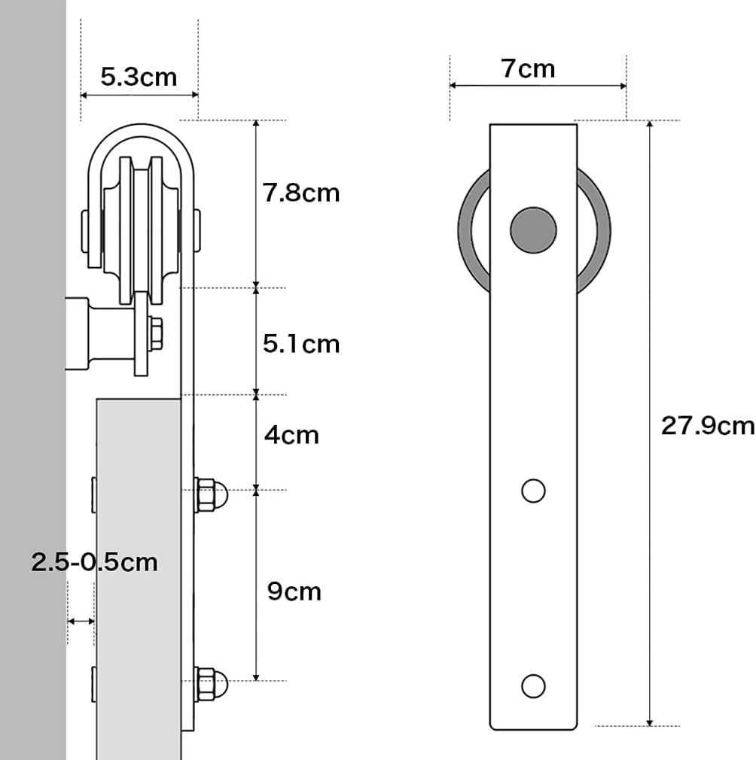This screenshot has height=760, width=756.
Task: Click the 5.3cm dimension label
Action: click(139, 76)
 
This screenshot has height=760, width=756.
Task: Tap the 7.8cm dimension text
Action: click(301, 193)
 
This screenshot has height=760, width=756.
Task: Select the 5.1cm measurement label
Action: click(301, 344)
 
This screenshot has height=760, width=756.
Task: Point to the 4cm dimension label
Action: click(291, 435)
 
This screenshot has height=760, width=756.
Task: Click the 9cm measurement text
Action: click(294, 591)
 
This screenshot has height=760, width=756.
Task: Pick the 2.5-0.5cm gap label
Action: click(95, 562)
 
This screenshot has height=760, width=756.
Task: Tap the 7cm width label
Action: click(528, 68)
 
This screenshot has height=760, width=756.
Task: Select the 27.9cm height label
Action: click(707, 426)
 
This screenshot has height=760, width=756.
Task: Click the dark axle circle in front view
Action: click(533, 230)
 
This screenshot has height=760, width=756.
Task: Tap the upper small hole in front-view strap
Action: click(533, 491)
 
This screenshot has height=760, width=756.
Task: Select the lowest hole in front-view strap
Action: click(533, 686)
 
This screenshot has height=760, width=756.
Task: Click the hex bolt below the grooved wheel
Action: click(156, 333)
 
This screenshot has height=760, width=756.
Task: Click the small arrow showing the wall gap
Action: click(81, 622)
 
